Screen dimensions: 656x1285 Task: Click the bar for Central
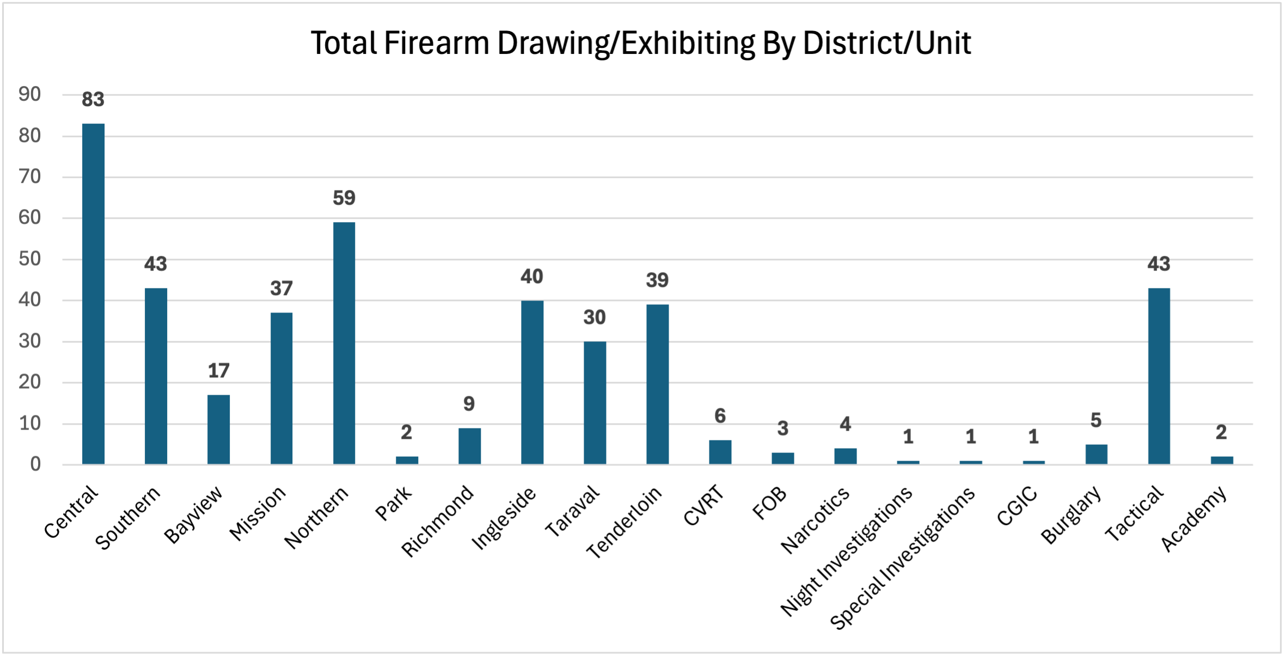tap(93, 294)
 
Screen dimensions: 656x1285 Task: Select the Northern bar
tap(344, 343)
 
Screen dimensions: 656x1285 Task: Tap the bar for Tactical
tap(1159, 376)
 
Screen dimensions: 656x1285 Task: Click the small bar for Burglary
tap(1096, 454)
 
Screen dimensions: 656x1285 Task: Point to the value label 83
tap(93, 100)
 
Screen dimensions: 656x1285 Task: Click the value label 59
tap(344, 198)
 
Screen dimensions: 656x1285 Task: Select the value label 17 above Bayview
tap(218, 371)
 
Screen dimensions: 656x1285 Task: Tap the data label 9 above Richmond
tap(469, 404)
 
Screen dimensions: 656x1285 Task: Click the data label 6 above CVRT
tap(720, 416)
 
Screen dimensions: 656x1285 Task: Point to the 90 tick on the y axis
tap(30, 95)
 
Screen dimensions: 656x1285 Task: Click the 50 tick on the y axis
tap(30, 259)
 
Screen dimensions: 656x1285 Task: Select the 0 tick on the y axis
tap(35, 464)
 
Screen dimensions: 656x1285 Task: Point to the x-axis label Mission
tap(258, 513)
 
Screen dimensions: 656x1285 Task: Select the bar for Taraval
tap(595, 403)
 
